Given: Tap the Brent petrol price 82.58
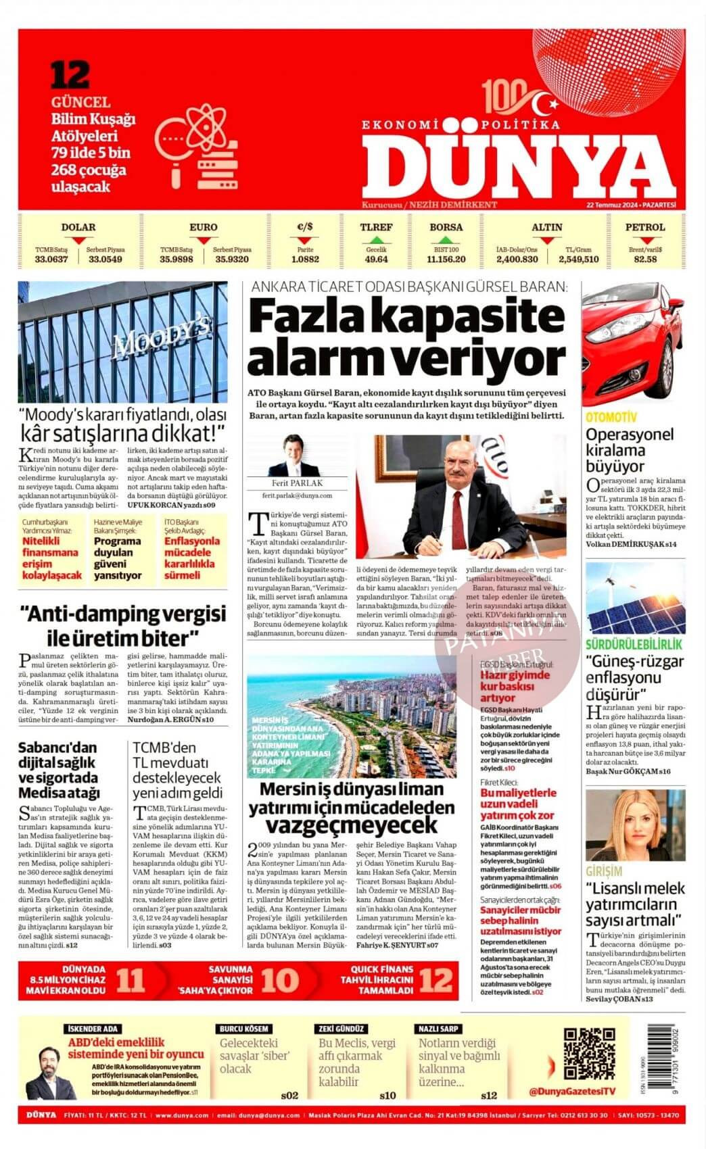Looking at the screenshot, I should [645, 259].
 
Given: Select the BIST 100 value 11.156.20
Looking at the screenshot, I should [446, 259].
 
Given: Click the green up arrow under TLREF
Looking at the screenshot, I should [376, 239].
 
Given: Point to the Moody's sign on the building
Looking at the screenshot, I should [163, 336].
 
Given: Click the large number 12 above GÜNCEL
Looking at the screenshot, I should [71, 75].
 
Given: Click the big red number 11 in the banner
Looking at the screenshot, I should [132, 980].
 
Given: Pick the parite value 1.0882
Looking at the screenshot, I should [305, 259].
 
